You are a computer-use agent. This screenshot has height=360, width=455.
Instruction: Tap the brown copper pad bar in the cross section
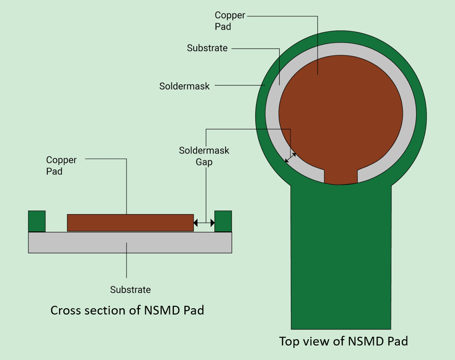(x=130, y=223)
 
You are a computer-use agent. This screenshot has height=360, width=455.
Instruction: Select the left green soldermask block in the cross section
(x=37, y=221)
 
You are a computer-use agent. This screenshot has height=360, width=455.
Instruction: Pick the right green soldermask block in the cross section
(x=223, y=221)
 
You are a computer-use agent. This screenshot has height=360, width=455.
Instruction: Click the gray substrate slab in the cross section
(x=130, y=242)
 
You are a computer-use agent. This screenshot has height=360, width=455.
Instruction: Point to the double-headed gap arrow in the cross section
(x=204, y=223)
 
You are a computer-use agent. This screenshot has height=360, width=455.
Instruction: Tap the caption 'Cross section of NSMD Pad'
(x=127, y=310)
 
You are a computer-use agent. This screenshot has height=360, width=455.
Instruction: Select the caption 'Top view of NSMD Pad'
(x=343, y=341)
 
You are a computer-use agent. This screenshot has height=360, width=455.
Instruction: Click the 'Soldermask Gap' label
(x=204, y=156)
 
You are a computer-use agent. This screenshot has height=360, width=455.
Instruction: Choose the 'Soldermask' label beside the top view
(x=184, y=86)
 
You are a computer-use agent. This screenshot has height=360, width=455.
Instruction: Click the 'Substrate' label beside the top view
(x=207, y=48)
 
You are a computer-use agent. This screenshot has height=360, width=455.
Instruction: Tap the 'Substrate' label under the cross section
(x=130, y=290)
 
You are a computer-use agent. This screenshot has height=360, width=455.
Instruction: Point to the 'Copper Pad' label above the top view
(x=229, y=21)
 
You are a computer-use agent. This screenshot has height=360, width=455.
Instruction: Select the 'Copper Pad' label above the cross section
(x=61, y=165)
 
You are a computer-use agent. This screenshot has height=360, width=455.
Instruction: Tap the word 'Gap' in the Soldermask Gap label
(x=204, y=162)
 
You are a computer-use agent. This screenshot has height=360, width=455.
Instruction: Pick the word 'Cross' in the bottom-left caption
(x=65, y=310)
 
